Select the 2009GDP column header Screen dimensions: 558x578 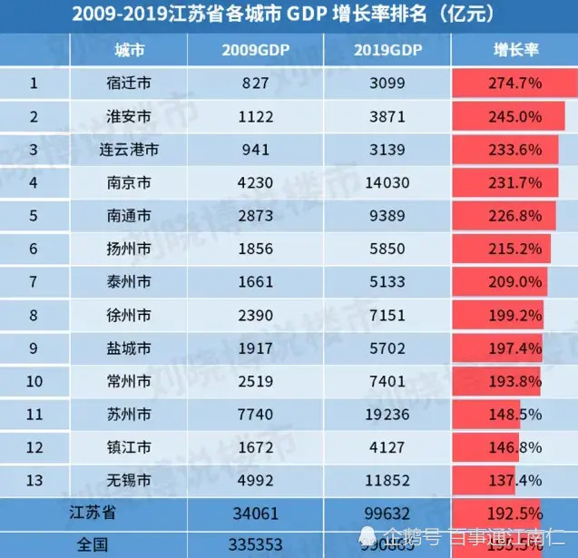click(255, 49)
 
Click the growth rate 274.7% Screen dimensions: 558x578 click(513, 83)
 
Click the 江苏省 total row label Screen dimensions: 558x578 click(91, 513)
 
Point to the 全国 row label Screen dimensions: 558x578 click(91, 544)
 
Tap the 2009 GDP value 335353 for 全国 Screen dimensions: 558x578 click(255, 544)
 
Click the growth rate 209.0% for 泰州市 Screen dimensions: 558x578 click(513, 281)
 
